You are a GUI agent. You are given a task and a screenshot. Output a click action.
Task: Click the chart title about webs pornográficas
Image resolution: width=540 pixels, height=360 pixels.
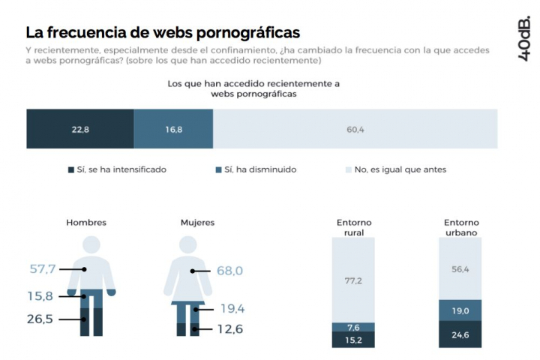click(163, 32)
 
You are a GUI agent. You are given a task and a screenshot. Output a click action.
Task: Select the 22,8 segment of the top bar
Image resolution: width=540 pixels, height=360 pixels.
click(80, 129)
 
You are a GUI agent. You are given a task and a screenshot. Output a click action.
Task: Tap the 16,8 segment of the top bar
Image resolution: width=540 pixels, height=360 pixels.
click(173, 129)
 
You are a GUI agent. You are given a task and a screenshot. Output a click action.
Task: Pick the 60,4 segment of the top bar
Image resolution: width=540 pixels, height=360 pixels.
click(355, 129)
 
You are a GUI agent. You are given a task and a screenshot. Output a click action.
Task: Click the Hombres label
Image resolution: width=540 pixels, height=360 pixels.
click(86, 222)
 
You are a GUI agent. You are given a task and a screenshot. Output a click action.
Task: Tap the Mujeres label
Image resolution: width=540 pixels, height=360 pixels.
click(197, 222)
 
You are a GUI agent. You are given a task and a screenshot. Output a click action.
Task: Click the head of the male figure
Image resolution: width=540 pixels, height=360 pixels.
click(91, 246)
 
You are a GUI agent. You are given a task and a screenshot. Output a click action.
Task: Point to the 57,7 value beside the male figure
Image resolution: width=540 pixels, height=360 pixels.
click(43, 268)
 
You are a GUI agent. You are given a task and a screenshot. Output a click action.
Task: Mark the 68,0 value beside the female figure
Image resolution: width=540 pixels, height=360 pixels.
click(229, 271)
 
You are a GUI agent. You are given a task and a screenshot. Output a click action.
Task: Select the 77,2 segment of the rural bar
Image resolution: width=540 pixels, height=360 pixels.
click(353, 280)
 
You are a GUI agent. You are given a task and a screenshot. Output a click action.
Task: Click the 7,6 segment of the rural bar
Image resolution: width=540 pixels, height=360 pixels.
click(353, 327)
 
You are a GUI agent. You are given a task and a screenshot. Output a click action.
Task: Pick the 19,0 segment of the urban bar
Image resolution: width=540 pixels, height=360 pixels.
click(460, 310)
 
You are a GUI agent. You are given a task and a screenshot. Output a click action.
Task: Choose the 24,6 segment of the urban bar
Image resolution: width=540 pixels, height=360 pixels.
click(460, 334)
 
